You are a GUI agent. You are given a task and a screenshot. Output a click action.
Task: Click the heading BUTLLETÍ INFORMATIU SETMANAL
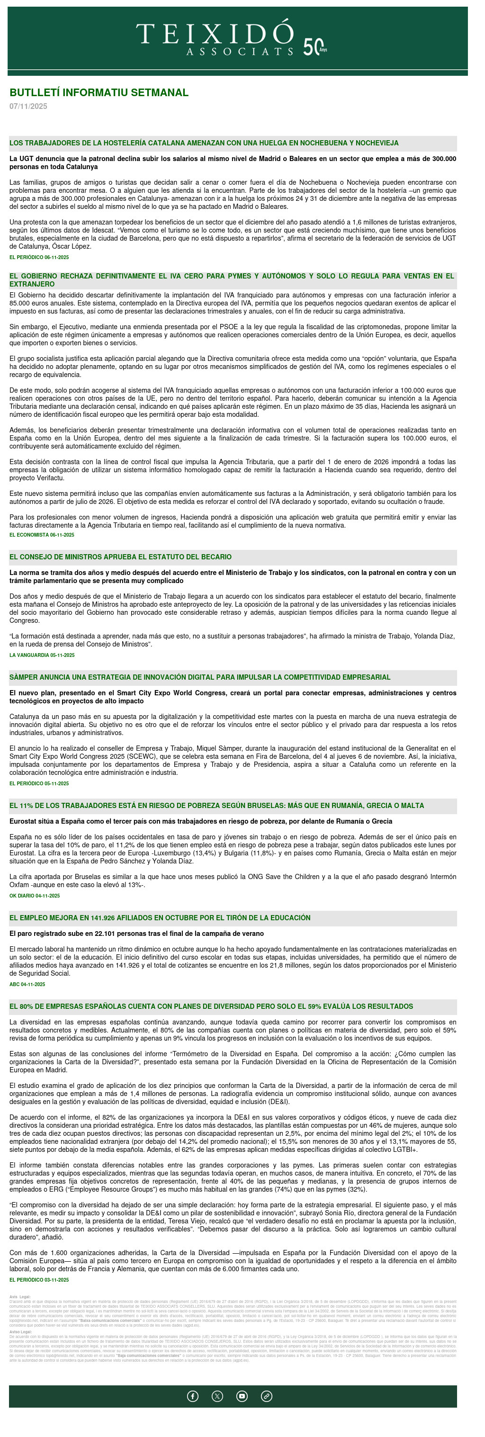pyautogui.click(x=99, y=93)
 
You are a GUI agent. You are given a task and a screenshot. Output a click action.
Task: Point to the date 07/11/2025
pyautogui.click(x=28, y=107)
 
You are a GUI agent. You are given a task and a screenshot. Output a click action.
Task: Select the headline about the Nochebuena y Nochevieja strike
pyautogui.click(x=204, y=144)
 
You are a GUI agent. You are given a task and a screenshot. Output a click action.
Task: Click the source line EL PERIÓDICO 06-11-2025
pyautogui.click(x=39, y=258)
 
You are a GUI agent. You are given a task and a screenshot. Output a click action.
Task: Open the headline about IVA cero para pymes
pyautogui.click(x=232, y=280)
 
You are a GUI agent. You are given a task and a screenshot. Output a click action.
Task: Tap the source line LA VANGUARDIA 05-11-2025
pyautogui.click(x=42, y=656)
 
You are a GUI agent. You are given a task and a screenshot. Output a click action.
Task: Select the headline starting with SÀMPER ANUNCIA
pyautogui.click(x=200, y=678)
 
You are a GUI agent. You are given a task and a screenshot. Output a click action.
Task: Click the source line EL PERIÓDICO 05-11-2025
pyautogui.click(x=39, y=784)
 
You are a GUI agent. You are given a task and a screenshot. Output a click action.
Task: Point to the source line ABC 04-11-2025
pyautogui.click(x=27, y=985)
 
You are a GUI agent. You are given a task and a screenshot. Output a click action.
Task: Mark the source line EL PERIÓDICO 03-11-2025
pyautogui.click(x=39, y=1280)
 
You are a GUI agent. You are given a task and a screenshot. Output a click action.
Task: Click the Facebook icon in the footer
pyautogui.click(x=193, y=1396)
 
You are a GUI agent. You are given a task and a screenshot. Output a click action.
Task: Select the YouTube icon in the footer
pyautogui.click(x=242, y=1396)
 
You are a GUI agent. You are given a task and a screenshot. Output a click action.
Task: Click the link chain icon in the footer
pyautogui.click(x=267, y=1396)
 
